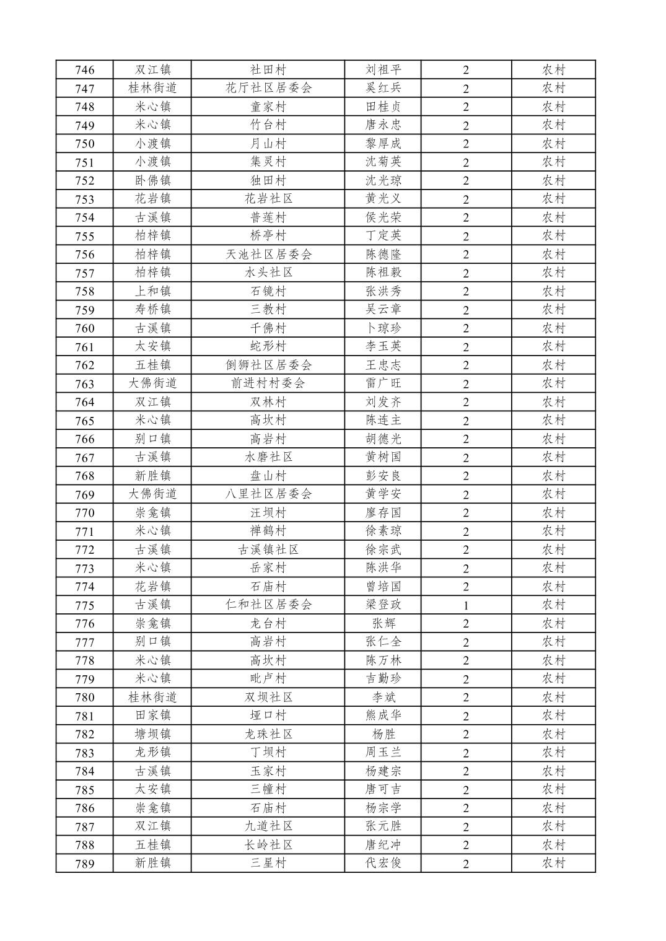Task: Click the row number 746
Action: click(85, 70)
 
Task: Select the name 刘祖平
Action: click(383, 69)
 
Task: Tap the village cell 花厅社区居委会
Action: click(268, 88)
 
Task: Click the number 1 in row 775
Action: click(466, 605)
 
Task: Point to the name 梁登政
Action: click(383, 605)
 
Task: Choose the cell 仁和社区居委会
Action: click(268, 605)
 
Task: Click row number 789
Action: click(85, 864)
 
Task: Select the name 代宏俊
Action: click(383, 863)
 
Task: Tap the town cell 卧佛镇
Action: click(152, 180)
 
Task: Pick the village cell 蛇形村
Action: click(268, 346)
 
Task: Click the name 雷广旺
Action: click(383, 383)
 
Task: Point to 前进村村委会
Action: click(268, 383)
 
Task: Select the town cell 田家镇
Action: click(152, 716)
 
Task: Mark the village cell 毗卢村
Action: click(268, 678)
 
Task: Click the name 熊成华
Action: click(383, 716)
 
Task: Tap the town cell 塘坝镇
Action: click(152, 734)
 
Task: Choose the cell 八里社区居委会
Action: click(268, 494)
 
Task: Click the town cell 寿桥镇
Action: click(152, 309)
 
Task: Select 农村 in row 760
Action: click(553, 328)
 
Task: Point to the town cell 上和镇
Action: click(152, 291)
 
